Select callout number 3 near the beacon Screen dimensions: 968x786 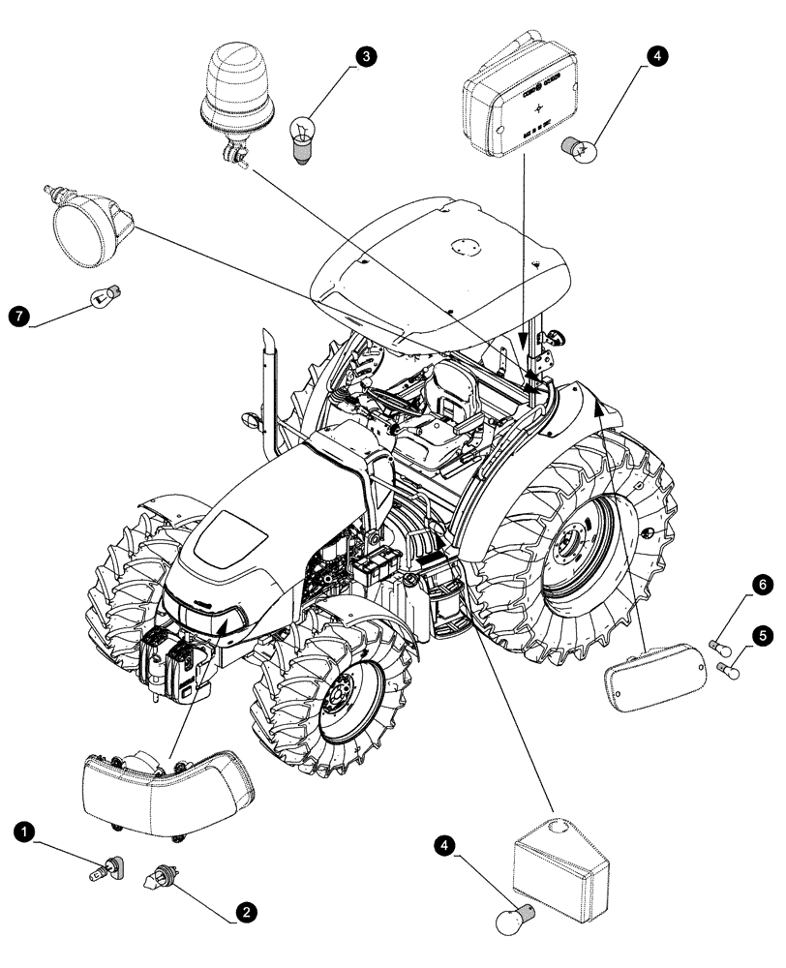tap(365, 57)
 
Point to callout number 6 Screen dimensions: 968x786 tap(762, 584)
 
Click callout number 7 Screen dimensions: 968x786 tap(16, 316)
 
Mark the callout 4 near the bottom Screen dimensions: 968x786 tap(444, 845)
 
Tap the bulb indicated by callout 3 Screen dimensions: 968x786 tap(303, 137)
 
